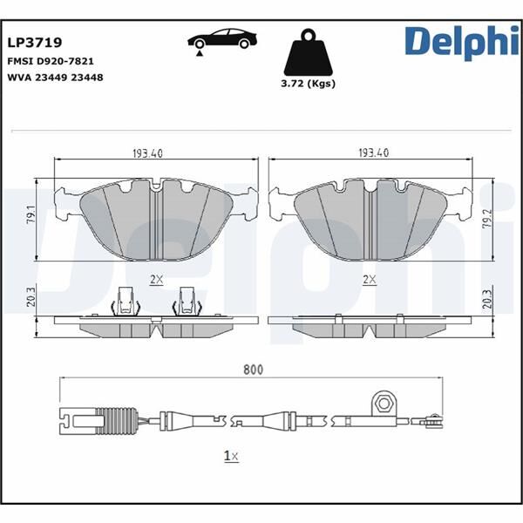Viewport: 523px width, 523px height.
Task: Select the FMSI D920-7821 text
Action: click(51, 63)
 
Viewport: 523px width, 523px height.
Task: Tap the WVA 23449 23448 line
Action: click(56, 77)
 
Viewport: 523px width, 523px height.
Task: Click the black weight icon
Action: click(309, 54)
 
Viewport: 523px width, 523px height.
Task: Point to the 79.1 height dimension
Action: click(31, 214)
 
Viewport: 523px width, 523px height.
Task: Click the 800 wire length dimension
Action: click(253, 370)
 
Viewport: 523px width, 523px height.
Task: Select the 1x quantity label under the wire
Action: click(231, 455)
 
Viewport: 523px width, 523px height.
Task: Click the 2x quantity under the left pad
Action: click(157, 279)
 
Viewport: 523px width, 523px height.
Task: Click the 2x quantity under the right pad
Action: click(369, 279)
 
